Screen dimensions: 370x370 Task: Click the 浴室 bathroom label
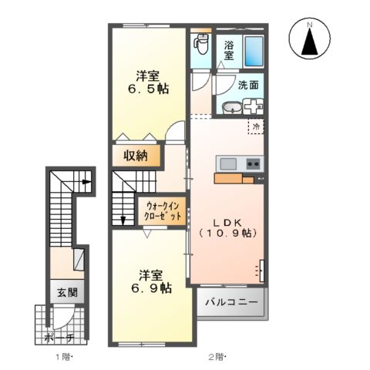pyautogui.click(x=230, y=50)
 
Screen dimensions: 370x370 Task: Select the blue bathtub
pyautogui.click(x=253, y=50)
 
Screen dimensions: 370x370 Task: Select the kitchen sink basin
pyautogui.click(x=227, y=163)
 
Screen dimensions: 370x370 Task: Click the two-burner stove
pyautogui.click(x=253, y=163)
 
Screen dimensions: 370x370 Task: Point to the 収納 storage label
pyautogui.click(x=136, y=156)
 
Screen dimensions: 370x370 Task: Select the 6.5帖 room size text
pyautogui.click(x=148, y=89)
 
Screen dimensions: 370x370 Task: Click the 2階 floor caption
pyautogui.click(x=217, y=356)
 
